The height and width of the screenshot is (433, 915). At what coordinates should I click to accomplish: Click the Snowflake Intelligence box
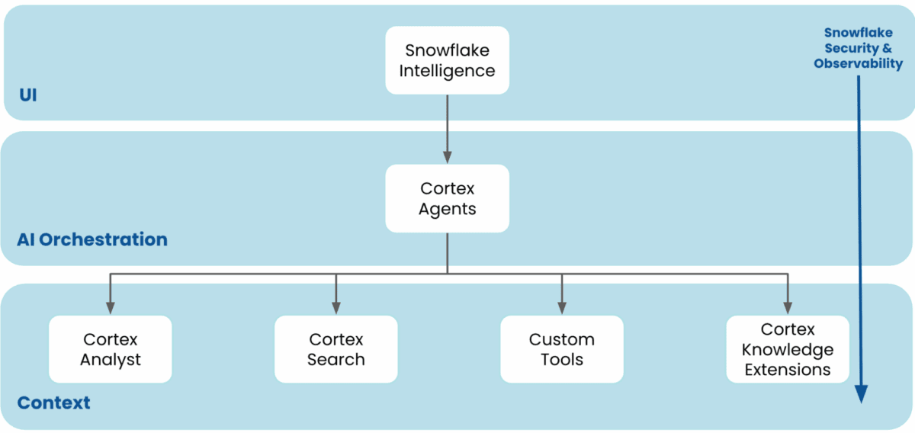pos(447,61)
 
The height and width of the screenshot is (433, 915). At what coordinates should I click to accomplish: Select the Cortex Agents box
pos(447,198)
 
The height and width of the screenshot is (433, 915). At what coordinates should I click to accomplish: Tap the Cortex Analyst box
pos(111,349)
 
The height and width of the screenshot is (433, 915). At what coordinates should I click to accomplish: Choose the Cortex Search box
pos(336,349)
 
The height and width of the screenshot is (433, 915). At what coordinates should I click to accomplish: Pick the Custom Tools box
pos(562,349)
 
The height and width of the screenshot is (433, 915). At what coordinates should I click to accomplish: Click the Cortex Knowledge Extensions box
pos(788,349)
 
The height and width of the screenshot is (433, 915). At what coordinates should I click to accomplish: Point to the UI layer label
pos(27,96)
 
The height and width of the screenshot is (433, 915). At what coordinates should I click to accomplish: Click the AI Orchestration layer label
pos(92,239)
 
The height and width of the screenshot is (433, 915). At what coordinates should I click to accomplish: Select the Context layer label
pos(53,403)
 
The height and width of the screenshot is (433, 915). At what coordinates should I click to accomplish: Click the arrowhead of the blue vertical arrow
pos(861,393)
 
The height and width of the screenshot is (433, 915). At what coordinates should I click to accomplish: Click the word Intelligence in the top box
pos(447,72)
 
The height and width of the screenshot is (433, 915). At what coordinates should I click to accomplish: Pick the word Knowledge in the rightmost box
pos(788,350)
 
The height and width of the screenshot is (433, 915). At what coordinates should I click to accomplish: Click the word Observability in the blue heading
pos(858,64)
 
